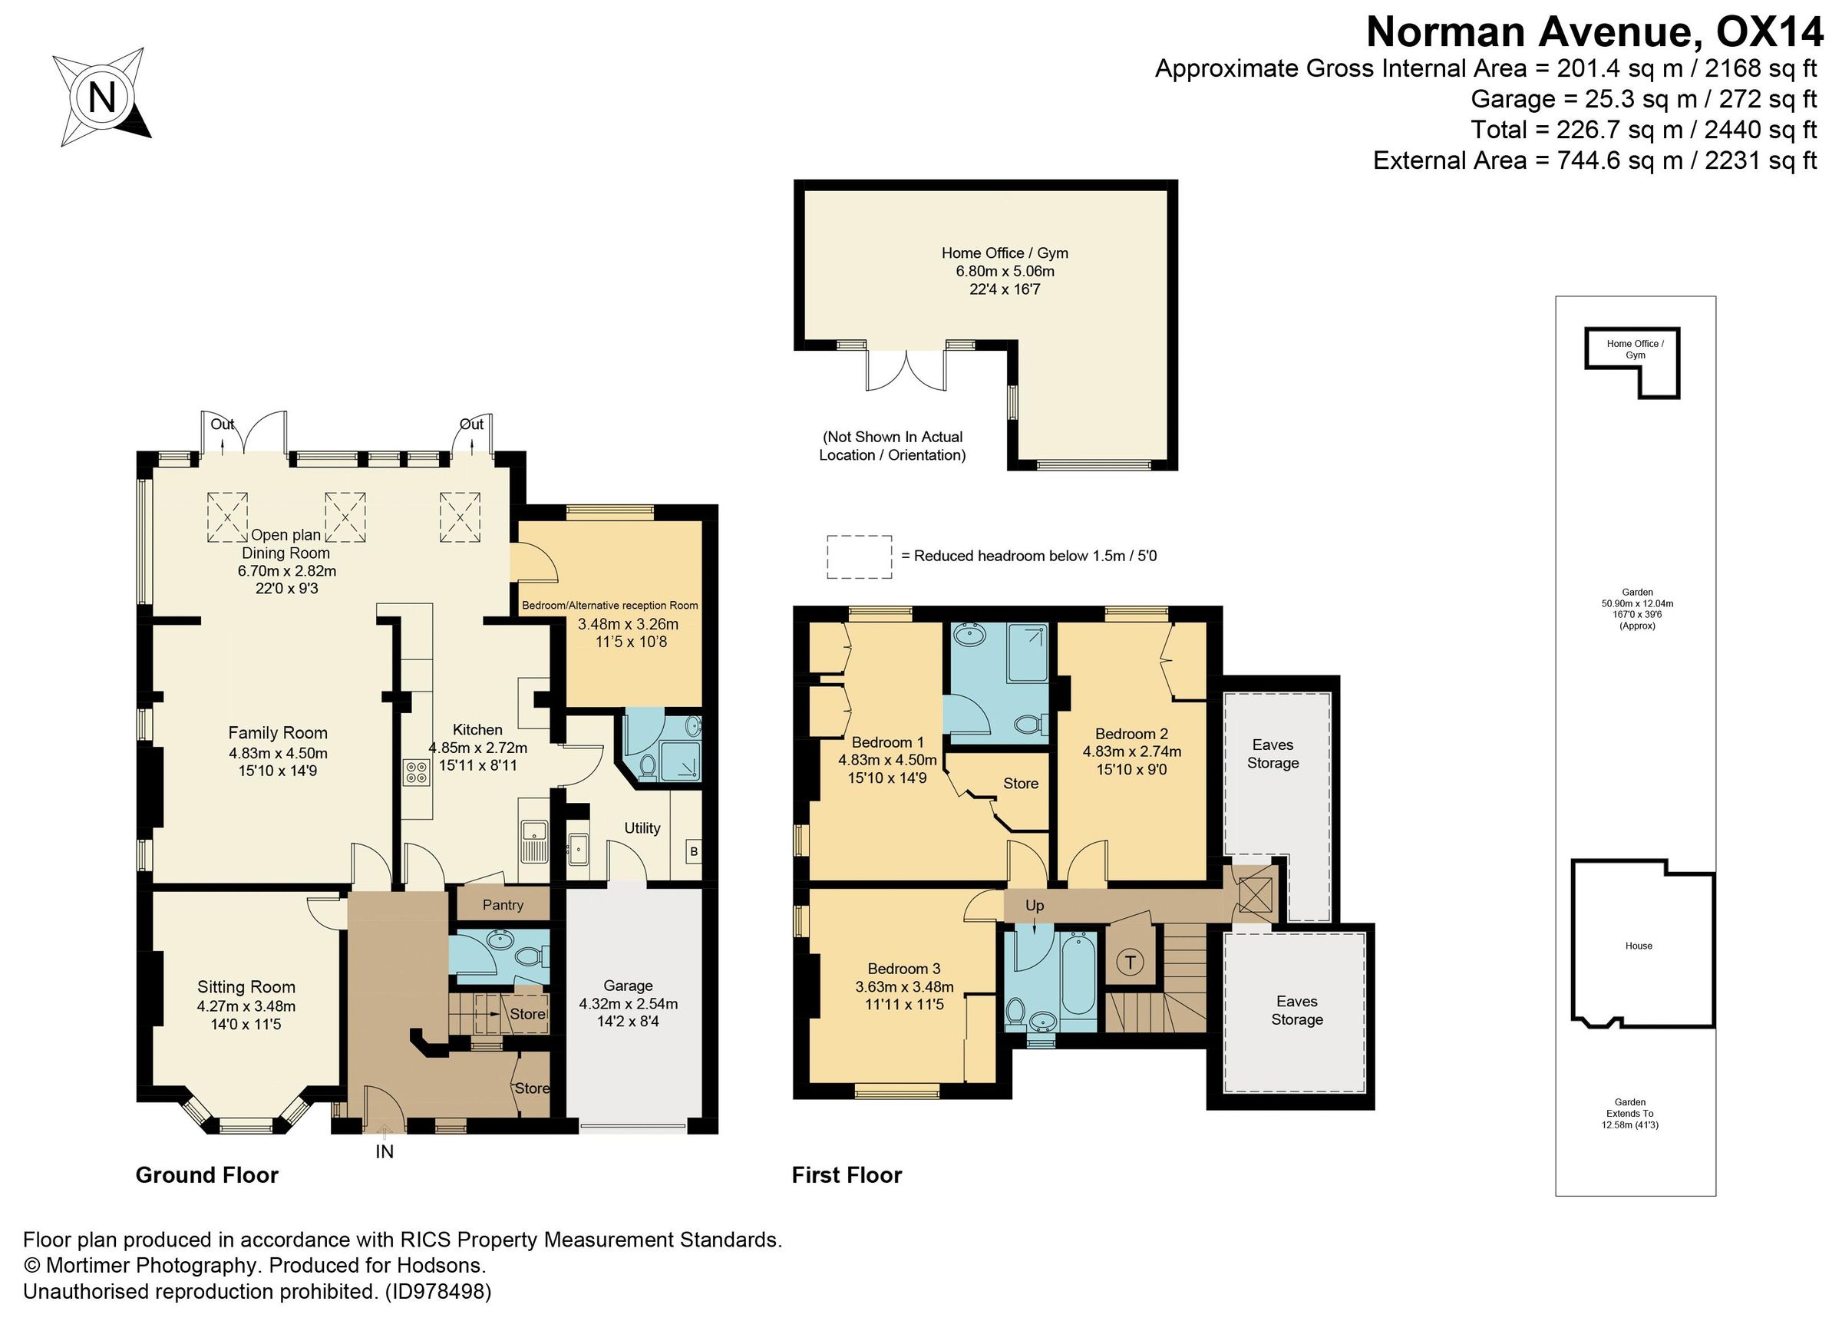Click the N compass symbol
pos(102,98)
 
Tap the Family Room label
pos(278,733)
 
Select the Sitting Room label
pos(246,987)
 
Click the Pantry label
pos(503,905)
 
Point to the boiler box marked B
pos(693,852)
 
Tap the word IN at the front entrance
pos(385,1151)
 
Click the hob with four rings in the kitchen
pos(416,772)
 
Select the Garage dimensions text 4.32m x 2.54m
pos(628,1003)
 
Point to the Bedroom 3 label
pos(904,969)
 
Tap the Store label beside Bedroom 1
pos(1020,783)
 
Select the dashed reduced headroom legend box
pos(860,556)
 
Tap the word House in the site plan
pos(1638,946)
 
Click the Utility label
pos(642,828)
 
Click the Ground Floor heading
pos(207,1176)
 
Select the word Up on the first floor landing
pos(1034,905)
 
